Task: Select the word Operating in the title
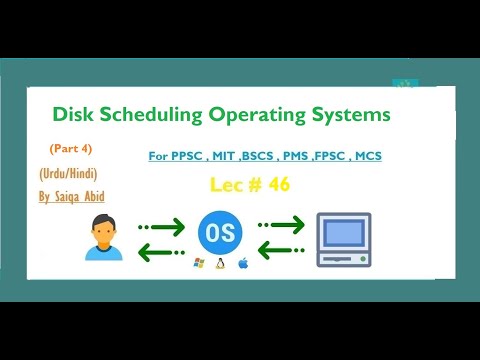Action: (x=250, y=116)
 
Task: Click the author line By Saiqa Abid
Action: (x=71, y=197)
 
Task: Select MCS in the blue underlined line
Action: (x=365, y=156)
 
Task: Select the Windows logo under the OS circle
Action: (x=198, y=267)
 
